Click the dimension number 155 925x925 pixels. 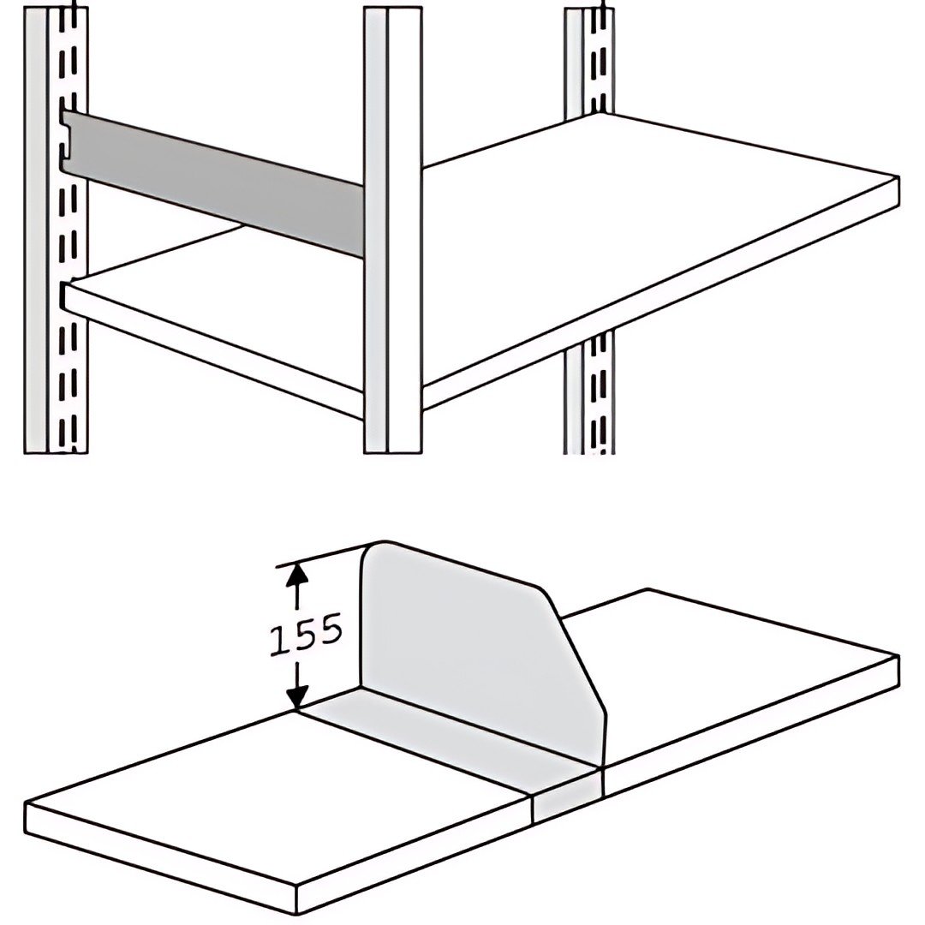tap(306, 634)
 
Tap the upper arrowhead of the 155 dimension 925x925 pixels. tap(297, 574)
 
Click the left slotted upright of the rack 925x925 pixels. tap(56, 231)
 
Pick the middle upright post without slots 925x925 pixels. tap(393, 230)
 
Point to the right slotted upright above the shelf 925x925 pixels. tap(588, 62)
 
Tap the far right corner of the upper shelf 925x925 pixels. tap(899, 177)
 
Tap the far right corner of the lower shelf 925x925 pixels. tap(899, 656)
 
